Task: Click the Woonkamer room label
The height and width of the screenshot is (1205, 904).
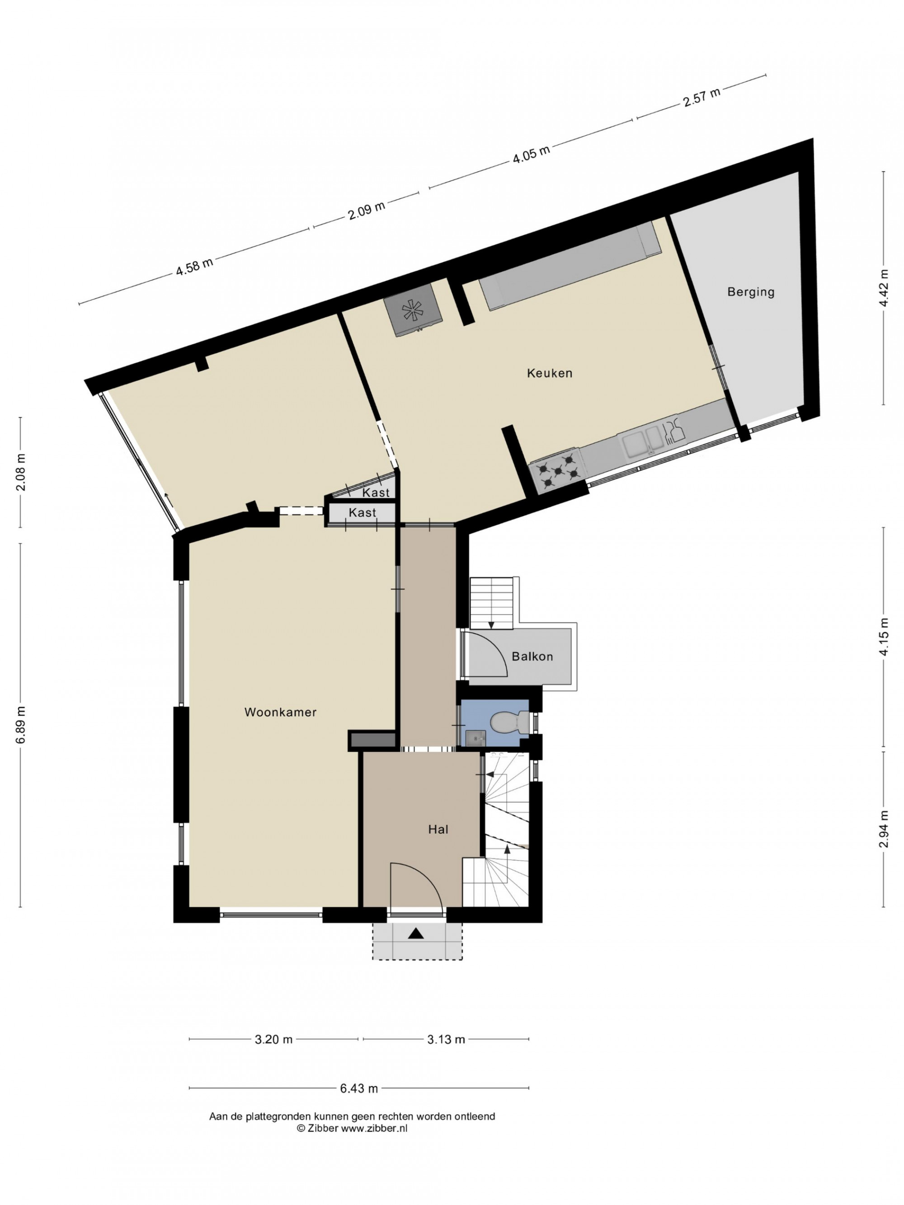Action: (x=280, y=712)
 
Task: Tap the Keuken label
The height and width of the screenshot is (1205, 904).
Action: (x=549, y=373)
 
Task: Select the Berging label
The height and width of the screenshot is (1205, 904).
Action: (x=750, y=292)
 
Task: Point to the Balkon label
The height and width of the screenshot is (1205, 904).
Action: (x=532, y=656)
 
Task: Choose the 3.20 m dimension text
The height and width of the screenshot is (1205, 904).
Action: (x=273, y=1039)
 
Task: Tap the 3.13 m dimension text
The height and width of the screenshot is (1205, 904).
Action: (x=446, y=1039)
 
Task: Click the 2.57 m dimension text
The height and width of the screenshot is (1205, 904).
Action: (x=702, y=98)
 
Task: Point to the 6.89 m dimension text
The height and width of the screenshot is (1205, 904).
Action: (x=21, y=725)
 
